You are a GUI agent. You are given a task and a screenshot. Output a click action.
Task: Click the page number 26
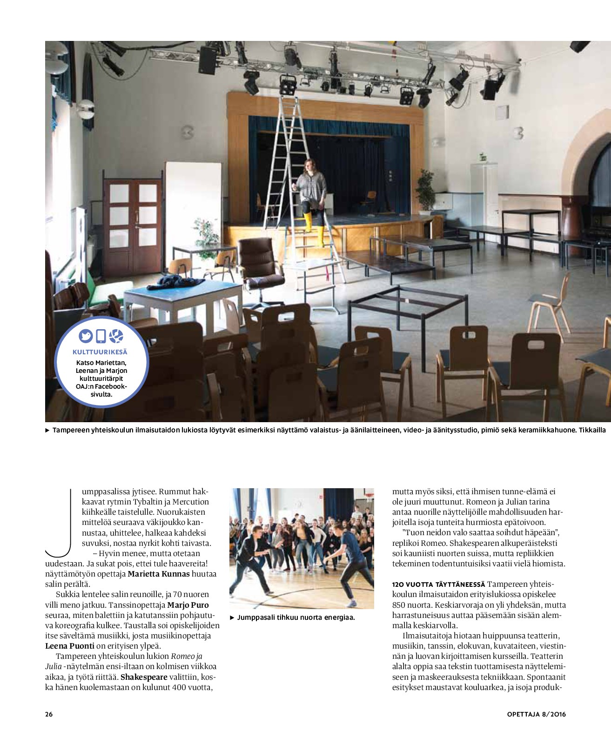tap(49, 714)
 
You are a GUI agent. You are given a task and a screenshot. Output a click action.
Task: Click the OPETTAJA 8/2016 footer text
tap(536, 714)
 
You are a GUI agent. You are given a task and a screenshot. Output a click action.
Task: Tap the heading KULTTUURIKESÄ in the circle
tap(100, 352)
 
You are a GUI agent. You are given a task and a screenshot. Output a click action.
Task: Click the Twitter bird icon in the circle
tap(86, 336)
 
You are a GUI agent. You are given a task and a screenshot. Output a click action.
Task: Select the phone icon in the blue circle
tap(101, 336)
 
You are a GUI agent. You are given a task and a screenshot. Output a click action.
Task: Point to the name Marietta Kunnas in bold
tap(159, 574)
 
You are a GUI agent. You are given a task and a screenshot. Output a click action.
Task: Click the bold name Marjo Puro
tap(188, 605)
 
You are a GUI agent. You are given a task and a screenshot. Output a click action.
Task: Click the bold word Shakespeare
tap(144, 677)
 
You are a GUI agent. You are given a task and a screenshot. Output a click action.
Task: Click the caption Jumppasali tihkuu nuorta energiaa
tap(296, 617)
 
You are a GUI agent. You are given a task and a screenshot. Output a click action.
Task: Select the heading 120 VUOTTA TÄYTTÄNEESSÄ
tap(438, 584)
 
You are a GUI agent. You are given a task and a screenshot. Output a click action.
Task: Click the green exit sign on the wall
tap(483, 158)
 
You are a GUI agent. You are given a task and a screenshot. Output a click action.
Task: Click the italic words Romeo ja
tap(187, 657)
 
